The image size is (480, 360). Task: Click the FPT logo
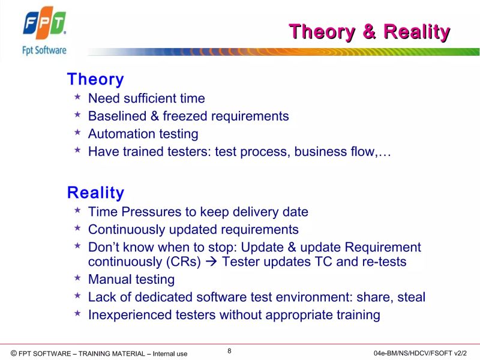tap(44, 24)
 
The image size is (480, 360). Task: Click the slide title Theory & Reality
tap(369, 32)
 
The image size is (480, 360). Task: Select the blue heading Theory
tap(95, 79)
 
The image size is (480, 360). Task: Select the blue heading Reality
tap(95, 193)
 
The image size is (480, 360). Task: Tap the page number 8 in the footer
tap(229, 351)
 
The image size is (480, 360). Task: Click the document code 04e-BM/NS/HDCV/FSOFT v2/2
tap(419, 353)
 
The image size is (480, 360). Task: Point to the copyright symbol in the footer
tap(14, 353)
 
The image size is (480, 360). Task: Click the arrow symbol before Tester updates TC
tap(213, 262)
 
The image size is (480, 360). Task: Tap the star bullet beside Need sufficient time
tap(77, 97)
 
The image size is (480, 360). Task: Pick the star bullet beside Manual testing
tap(77, 278)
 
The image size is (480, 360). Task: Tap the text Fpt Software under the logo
tap(44, 50)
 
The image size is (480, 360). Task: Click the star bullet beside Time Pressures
tap(77, 211)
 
